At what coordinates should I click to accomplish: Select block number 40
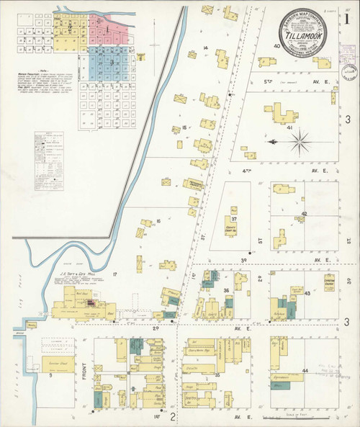pos(276,45)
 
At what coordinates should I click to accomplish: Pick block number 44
pos(305,370)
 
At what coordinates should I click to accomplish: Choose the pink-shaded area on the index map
pos(104,27)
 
